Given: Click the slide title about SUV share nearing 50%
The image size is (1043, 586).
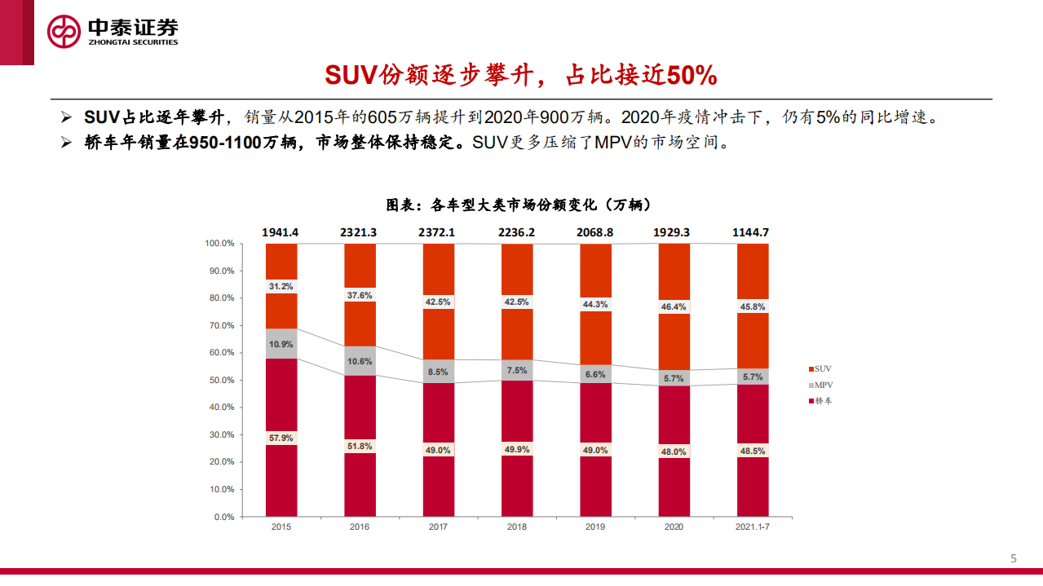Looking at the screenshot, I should [521, 76].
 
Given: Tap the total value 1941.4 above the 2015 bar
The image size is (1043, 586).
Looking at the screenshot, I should [281, 232].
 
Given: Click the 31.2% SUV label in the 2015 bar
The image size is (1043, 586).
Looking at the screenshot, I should [281, 286].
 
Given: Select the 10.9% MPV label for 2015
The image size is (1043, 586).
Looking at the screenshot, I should [281, 344].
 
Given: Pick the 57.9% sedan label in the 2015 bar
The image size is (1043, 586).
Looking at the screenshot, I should [281, 438].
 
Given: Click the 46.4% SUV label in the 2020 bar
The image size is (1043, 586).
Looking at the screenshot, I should [674, 307].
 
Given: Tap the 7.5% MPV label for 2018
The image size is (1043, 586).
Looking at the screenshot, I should [517, 370].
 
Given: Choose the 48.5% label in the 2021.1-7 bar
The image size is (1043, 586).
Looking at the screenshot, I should [753, 450].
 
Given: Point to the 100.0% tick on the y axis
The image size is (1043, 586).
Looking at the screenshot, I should [219, 244].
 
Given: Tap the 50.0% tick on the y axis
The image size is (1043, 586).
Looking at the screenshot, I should [221, 380].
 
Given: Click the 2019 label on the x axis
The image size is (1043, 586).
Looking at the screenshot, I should [595, 527].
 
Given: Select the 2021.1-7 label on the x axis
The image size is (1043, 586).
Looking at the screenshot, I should [753, 527].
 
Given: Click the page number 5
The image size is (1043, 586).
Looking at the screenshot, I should [1014, 558].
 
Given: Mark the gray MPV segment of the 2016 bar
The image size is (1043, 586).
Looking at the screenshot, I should [360, 360].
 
